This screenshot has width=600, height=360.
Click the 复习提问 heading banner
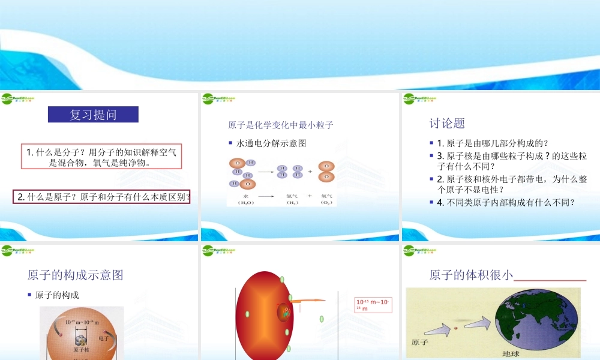[x=93, y=115]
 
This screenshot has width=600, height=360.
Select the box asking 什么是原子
[x=101, y=196]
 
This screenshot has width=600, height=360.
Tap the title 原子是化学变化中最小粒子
[x=280, y=125]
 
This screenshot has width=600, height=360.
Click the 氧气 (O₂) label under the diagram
[x=326, y=199]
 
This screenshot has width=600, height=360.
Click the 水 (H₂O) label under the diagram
[x=246, y=199]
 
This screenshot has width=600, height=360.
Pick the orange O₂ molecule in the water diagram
[x=326, y=171]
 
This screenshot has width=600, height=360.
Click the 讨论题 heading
[x=447, y=123]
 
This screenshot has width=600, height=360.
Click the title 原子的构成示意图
[x=75, y=275]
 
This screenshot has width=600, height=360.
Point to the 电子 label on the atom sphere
[x=103, y=338]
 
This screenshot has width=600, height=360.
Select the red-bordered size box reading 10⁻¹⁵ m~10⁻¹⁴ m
[x=373, y=305]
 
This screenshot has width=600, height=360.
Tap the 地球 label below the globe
[x=510, y=353]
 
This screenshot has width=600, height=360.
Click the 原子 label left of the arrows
[x=420, y=342]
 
